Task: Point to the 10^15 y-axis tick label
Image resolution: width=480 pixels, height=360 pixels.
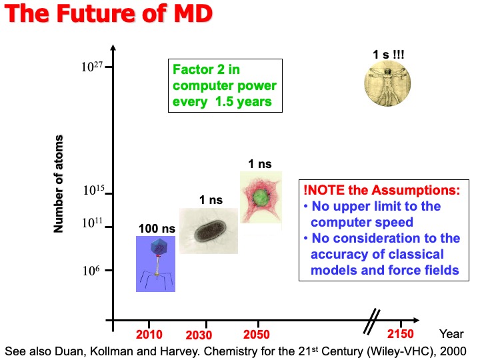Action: (93, 192)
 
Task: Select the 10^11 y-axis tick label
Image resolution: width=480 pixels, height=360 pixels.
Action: (93, 225)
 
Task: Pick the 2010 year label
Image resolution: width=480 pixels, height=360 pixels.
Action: (149, 334)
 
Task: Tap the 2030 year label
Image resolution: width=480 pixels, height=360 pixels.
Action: (199, 335)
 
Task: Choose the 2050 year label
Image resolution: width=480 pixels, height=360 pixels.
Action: (257, 334)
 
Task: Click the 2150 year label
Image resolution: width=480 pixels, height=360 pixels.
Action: (400, 334)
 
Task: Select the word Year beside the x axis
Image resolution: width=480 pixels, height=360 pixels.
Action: (451, 334)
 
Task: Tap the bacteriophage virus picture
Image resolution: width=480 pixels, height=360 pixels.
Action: (155, 263)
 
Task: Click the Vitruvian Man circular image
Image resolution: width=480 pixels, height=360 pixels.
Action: (387, 83)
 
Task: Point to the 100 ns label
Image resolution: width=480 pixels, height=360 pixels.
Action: (157, 229)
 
